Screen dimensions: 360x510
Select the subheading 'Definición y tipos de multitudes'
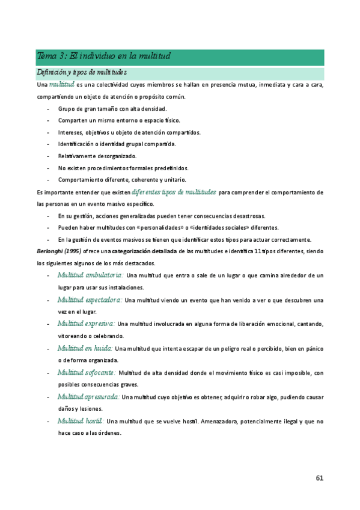pyautogui.click(x=81, y=73)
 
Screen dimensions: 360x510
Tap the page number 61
pyautogui.click(x=319, y=479)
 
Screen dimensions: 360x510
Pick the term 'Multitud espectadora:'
pyautogui.click(x=90, y=300)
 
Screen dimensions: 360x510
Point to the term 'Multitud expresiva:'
pyautogui.click(x=86, y=324)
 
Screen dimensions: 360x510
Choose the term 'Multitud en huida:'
pyautogui.click(x=84, y=348)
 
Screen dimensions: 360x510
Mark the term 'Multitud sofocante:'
pyautogui.click(x=87, y=373)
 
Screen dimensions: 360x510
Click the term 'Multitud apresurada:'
pyautogui.click(x=89, y=397)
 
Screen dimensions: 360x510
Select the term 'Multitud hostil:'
pyautogui.click(x=81, y=421)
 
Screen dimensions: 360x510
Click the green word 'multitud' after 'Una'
pyautogui.click(x=62, y=85)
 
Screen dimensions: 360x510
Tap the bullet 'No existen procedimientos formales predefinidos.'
pyautogui.click(x=123, y=168)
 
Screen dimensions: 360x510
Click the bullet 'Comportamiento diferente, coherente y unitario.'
pyautogui.click(x=122, y=180)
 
